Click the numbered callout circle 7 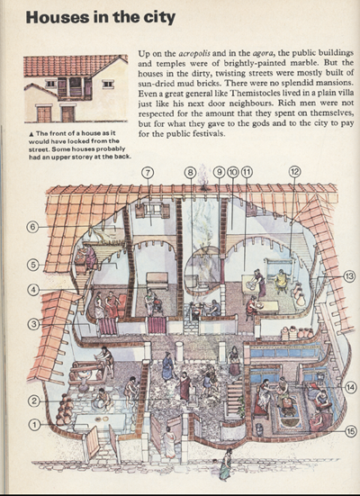point(148,173)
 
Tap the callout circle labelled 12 point(294,172)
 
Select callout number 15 point(350,431)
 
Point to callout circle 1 point(34,425)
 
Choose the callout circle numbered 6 point(32,227)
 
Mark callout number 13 point(349,276)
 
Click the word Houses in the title point(57,17)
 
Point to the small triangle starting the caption point(31,134)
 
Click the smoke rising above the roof point(203,181)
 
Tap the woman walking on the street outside point(226,464)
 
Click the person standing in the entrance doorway point(169,442)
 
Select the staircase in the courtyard point(234,399)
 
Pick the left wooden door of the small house point(44,114)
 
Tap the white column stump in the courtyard point(179,351)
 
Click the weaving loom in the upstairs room point(279,272)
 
